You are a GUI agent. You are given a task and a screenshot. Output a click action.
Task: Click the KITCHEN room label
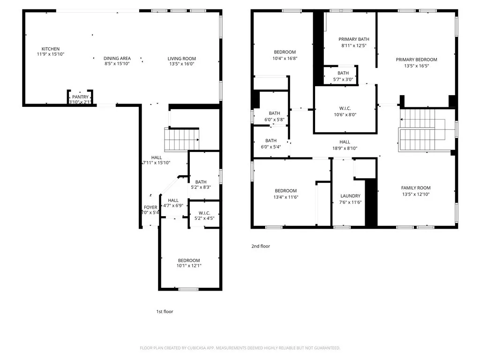(x=51, y=49)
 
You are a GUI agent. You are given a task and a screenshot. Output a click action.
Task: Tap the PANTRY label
(x=80, y=97)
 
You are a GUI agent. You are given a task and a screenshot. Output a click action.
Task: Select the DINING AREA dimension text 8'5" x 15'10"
(x=117, y=64)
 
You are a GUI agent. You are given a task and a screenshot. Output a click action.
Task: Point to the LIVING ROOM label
(x=181, y=59)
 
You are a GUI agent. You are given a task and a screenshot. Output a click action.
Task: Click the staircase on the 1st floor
(x=182, y=140)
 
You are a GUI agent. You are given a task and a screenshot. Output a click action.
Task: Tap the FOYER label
(x=150, y=207)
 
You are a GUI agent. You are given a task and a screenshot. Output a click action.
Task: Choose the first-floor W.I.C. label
(x=204, y=213)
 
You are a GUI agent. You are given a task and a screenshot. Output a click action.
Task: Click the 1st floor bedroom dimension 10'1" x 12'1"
(x=189, y=266)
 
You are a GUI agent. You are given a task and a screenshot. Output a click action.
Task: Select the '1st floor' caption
(x=165, y=312)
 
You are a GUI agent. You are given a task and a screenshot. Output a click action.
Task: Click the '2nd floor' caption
(x=261, y=246)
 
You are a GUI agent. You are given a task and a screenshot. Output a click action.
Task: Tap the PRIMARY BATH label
(x=353, y=39)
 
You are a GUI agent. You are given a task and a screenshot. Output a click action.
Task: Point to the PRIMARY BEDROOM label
(x=416, y=60)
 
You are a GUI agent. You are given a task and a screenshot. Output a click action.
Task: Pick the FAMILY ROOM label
(x=416, y=187)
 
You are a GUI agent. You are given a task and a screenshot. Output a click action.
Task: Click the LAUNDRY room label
(x=350, y=196)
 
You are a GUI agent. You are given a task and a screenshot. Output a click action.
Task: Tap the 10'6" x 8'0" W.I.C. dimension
(x=345, y=115)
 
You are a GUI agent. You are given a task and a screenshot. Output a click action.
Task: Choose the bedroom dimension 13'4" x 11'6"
(x=285, y=197)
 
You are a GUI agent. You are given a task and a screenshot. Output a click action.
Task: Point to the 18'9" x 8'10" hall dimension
(x=345, y=149)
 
